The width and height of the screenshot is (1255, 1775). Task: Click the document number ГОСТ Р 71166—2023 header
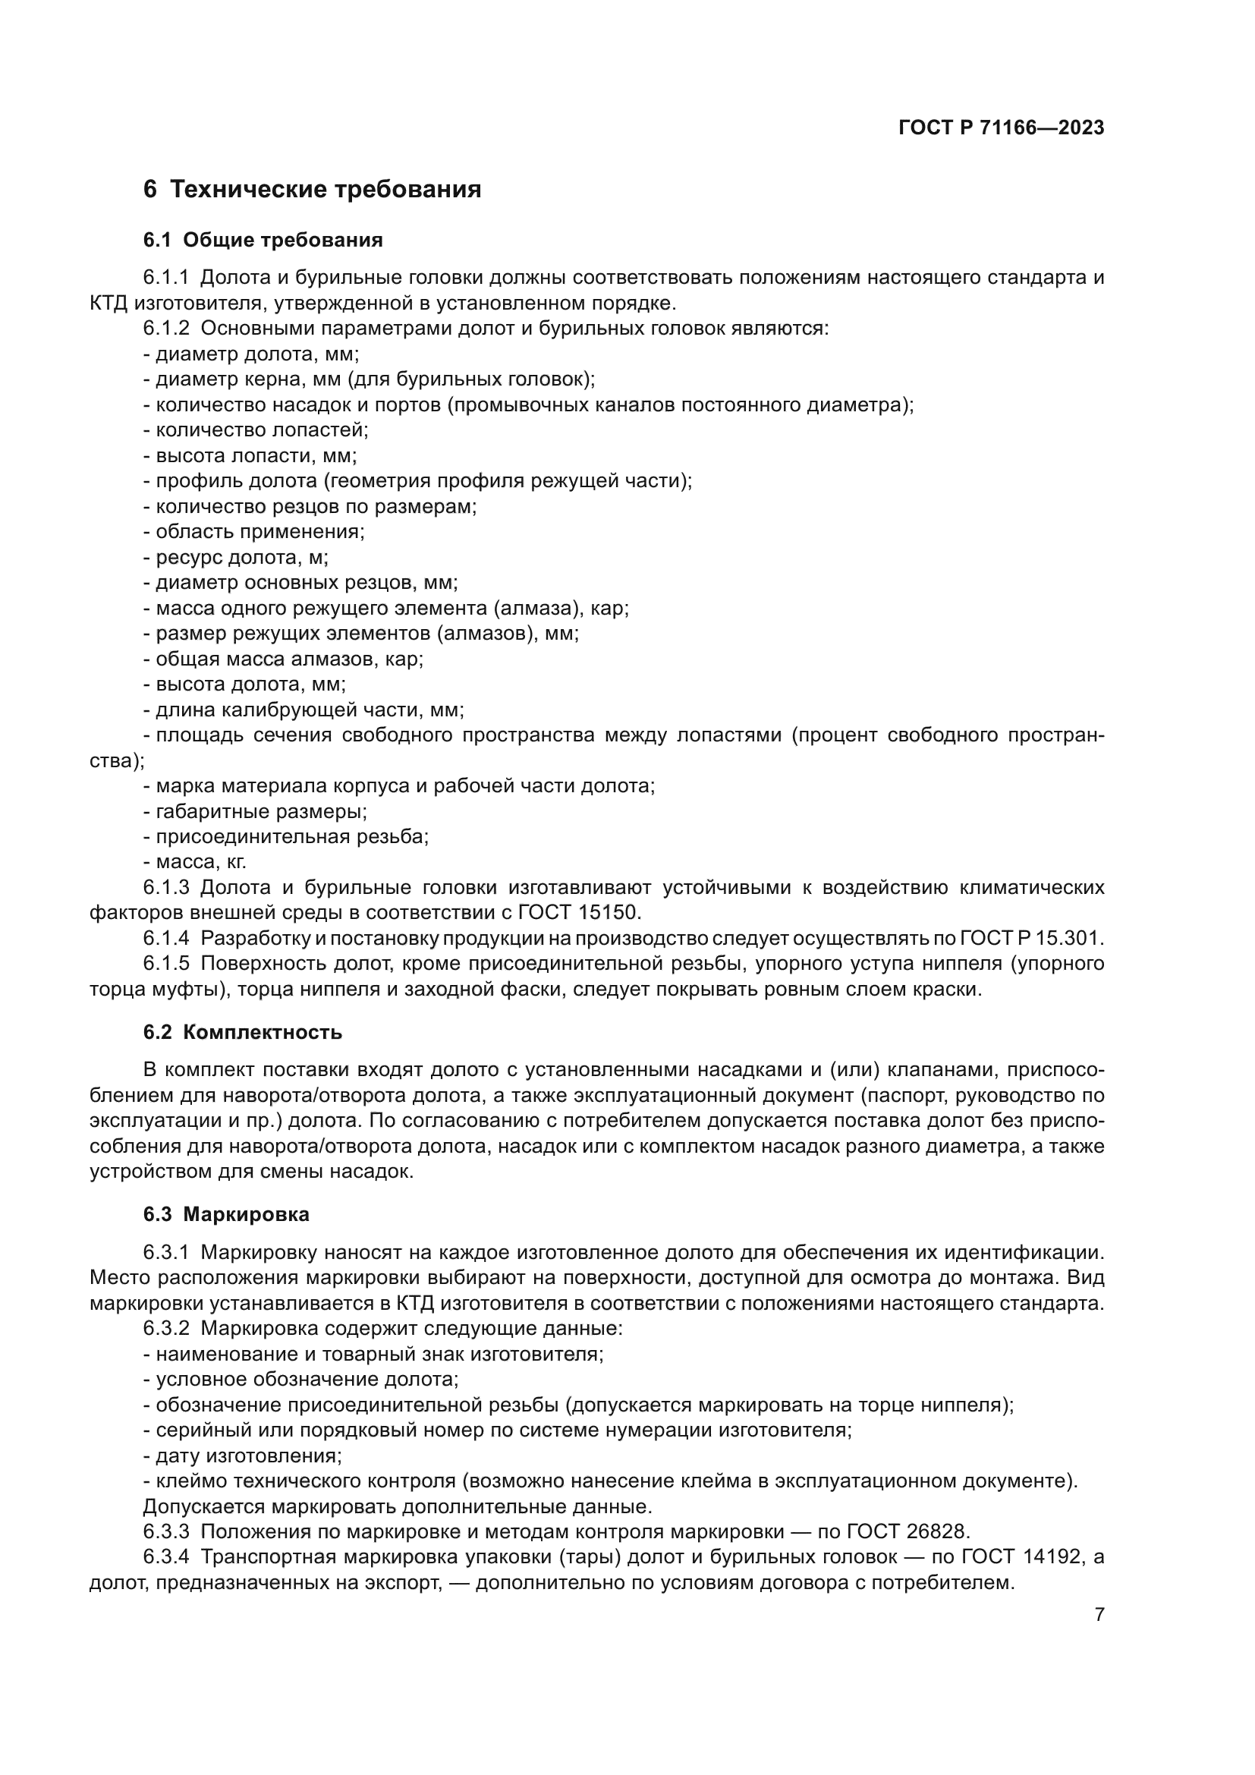coord(1001,128)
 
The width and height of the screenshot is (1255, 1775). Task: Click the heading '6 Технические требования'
coord(312,190)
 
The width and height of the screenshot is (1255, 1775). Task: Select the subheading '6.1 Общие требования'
coord(263,241)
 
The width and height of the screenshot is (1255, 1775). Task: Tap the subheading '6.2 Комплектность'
coord(242,1033)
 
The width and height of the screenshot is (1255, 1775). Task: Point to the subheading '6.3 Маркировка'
coord(225,1214)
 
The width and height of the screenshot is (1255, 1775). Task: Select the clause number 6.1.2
coord(165,329)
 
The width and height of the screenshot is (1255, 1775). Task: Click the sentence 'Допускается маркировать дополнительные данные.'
coord(397,1507)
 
